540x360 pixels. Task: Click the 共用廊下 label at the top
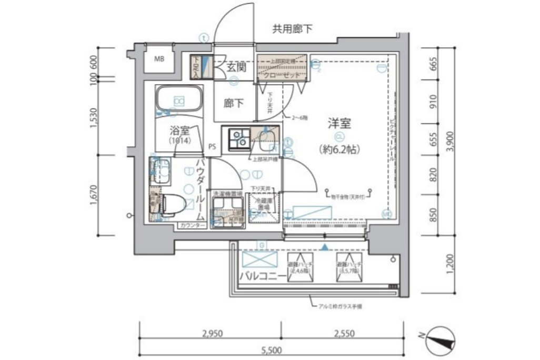[x=292, y=29]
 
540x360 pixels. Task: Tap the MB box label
[x=159, y=58]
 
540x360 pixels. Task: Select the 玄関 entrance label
[x=236, y=67]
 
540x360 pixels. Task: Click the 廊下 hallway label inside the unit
[x=234, y=104]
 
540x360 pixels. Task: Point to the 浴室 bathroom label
[x=179, y=131]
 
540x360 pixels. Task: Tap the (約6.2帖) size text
[x=339, y=149]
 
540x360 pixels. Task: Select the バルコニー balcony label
[x=263, y=276]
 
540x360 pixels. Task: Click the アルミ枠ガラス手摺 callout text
[x=340, y=305]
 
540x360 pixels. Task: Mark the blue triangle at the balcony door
[x=325, y=246]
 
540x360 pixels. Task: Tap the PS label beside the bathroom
[x=212, y=146]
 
